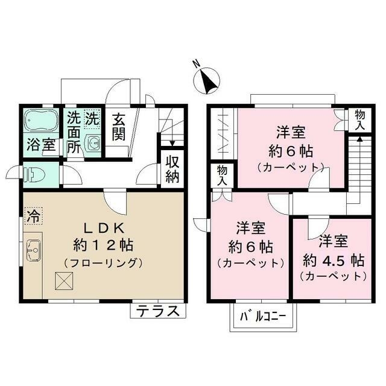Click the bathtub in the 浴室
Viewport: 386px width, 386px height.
tap(42, 121)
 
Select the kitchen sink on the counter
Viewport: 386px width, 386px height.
tap(34, 250)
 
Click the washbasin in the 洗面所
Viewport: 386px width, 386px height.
tap(93, 142)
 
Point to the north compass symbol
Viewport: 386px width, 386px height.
tap(207, 80)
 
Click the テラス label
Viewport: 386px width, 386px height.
tap(157, 311)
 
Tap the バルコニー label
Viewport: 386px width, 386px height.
tap(263, 316)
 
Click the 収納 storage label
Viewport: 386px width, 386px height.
tap(172, 169)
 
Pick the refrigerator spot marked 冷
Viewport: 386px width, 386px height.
tap(34, 216)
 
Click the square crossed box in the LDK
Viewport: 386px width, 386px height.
tap(64, 281)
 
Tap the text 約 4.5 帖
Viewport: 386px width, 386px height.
tap(334, 261)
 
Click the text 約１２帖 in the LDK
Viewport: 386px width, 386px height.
tap(103, 245)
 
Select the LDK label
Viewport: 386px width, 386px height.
tap(104, 229)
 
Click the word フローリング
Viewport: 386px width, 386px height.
tap(103, 263)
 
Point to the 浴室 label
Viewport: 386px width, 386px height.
tap(41, 145)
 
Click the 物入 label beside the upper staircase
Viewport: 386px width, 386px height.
tap(360, 121)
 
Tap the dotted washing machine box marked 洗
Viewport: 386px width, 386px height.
tap(92, 119)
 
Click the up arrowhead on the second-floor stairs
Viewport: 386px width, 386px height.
tap(359, 139)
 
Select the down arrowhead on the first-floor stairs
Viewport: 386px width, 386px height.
tap(172, 144)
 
